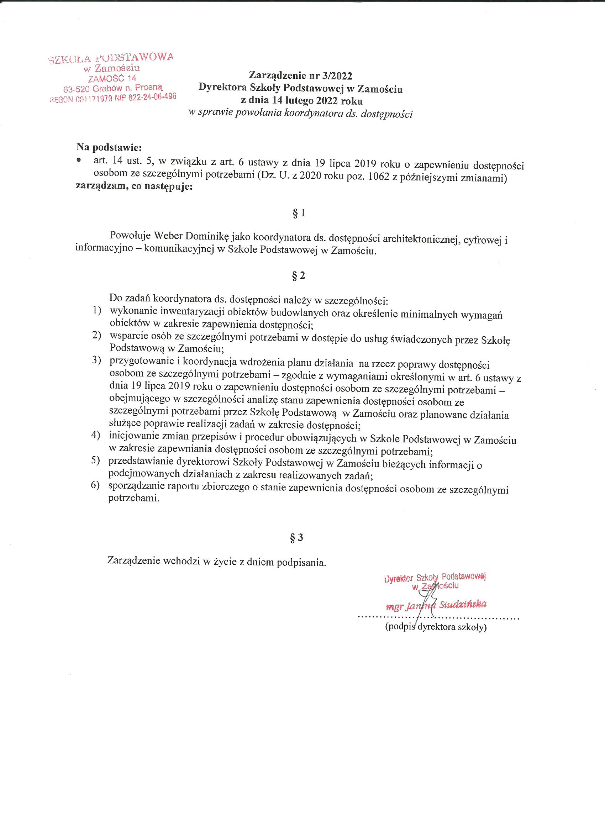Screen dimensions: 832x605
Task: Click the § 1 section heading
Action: [299, 214]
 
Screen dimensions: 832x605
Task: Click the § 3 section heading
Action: [297, 538]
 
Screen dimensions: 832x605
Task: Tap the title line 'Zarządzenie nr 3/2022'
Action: [300, 75]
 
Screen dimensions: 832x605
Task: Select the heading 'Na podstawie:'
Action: [109, 147]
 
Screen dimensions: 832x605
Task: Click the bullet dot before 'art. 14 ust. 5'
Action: [79, 161]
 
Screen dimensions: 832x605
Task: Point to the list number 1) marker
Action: [96, 311]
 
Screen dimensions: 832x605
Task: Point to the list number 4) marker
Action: [96, 435]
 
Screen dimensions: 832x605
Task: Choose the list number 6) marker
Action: [96, 485]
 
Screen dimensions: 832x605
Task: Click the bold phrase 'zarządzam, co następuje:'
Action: [134, 186]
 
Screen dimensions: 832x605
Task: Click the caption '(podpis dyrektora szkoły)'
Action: [436, 627]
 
